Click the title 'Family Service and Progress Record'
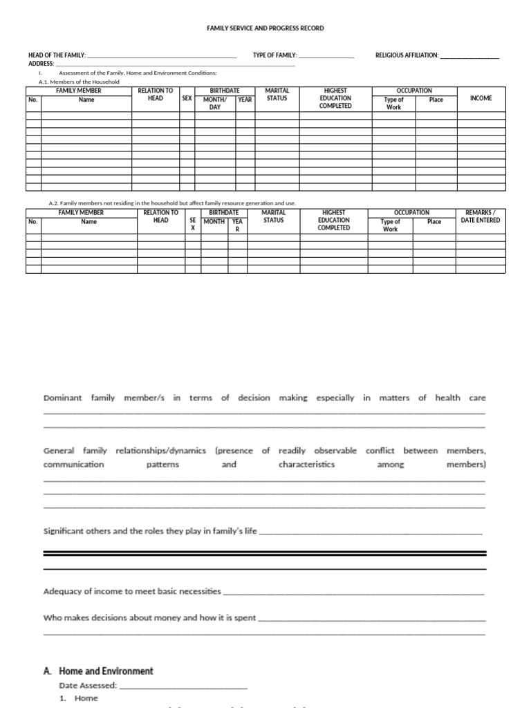(x=265, y=28)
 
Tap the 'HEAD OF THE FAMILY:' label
(x=57, y=55)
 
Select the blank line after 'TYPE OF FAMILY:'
(x=326, y=56)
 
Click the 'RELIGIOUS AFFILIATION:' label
(x=407, y=55)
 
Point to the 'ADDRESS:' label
(x=41, y=64)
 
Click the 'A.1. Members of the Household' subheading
(x=79, y=82)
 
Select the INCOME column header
(x=481, y=99)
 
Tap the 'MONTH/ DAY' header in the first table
(x=214, y=104)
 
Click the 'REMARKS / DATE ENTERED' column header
(x=480, y=216)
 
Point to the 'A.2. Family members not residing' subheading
(x=172, y=203)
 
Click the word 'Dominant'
(x=62, y=398)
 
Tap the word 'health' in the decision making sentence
(x=447, y=398)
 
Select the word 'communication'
(x=73, y=465)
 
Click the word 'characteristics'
(x=306, y=465)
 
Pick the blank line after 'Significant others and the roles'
(x=369, y=533)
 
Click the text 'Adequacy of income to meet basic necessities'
(x=132, y=592)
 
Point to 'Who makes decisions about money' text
(x=149, y=618)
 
